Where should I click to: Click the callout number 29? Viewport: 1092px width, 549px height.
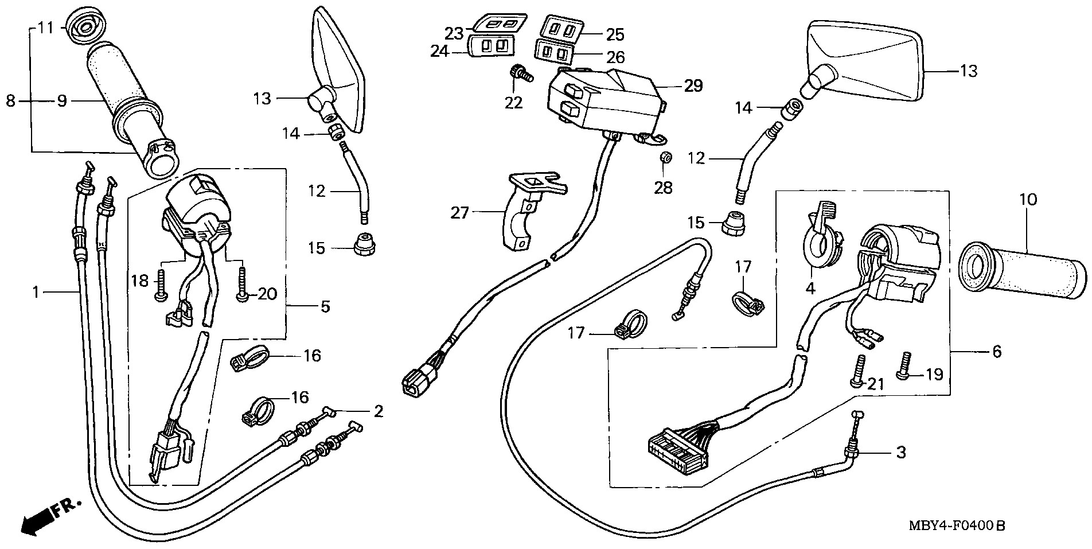(693, 86)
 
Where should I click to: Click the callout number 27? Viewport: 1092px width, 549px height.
(460, 213)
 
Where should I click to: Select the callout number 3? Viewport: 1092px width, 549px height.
(901, 453)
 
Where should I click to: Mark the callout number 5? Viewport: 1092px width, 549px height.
(325, 306)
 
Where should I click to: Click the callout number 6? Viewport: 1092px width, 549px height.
(997, 351)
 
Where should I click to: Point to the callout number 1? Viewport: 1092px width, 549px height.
(36, 293)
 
